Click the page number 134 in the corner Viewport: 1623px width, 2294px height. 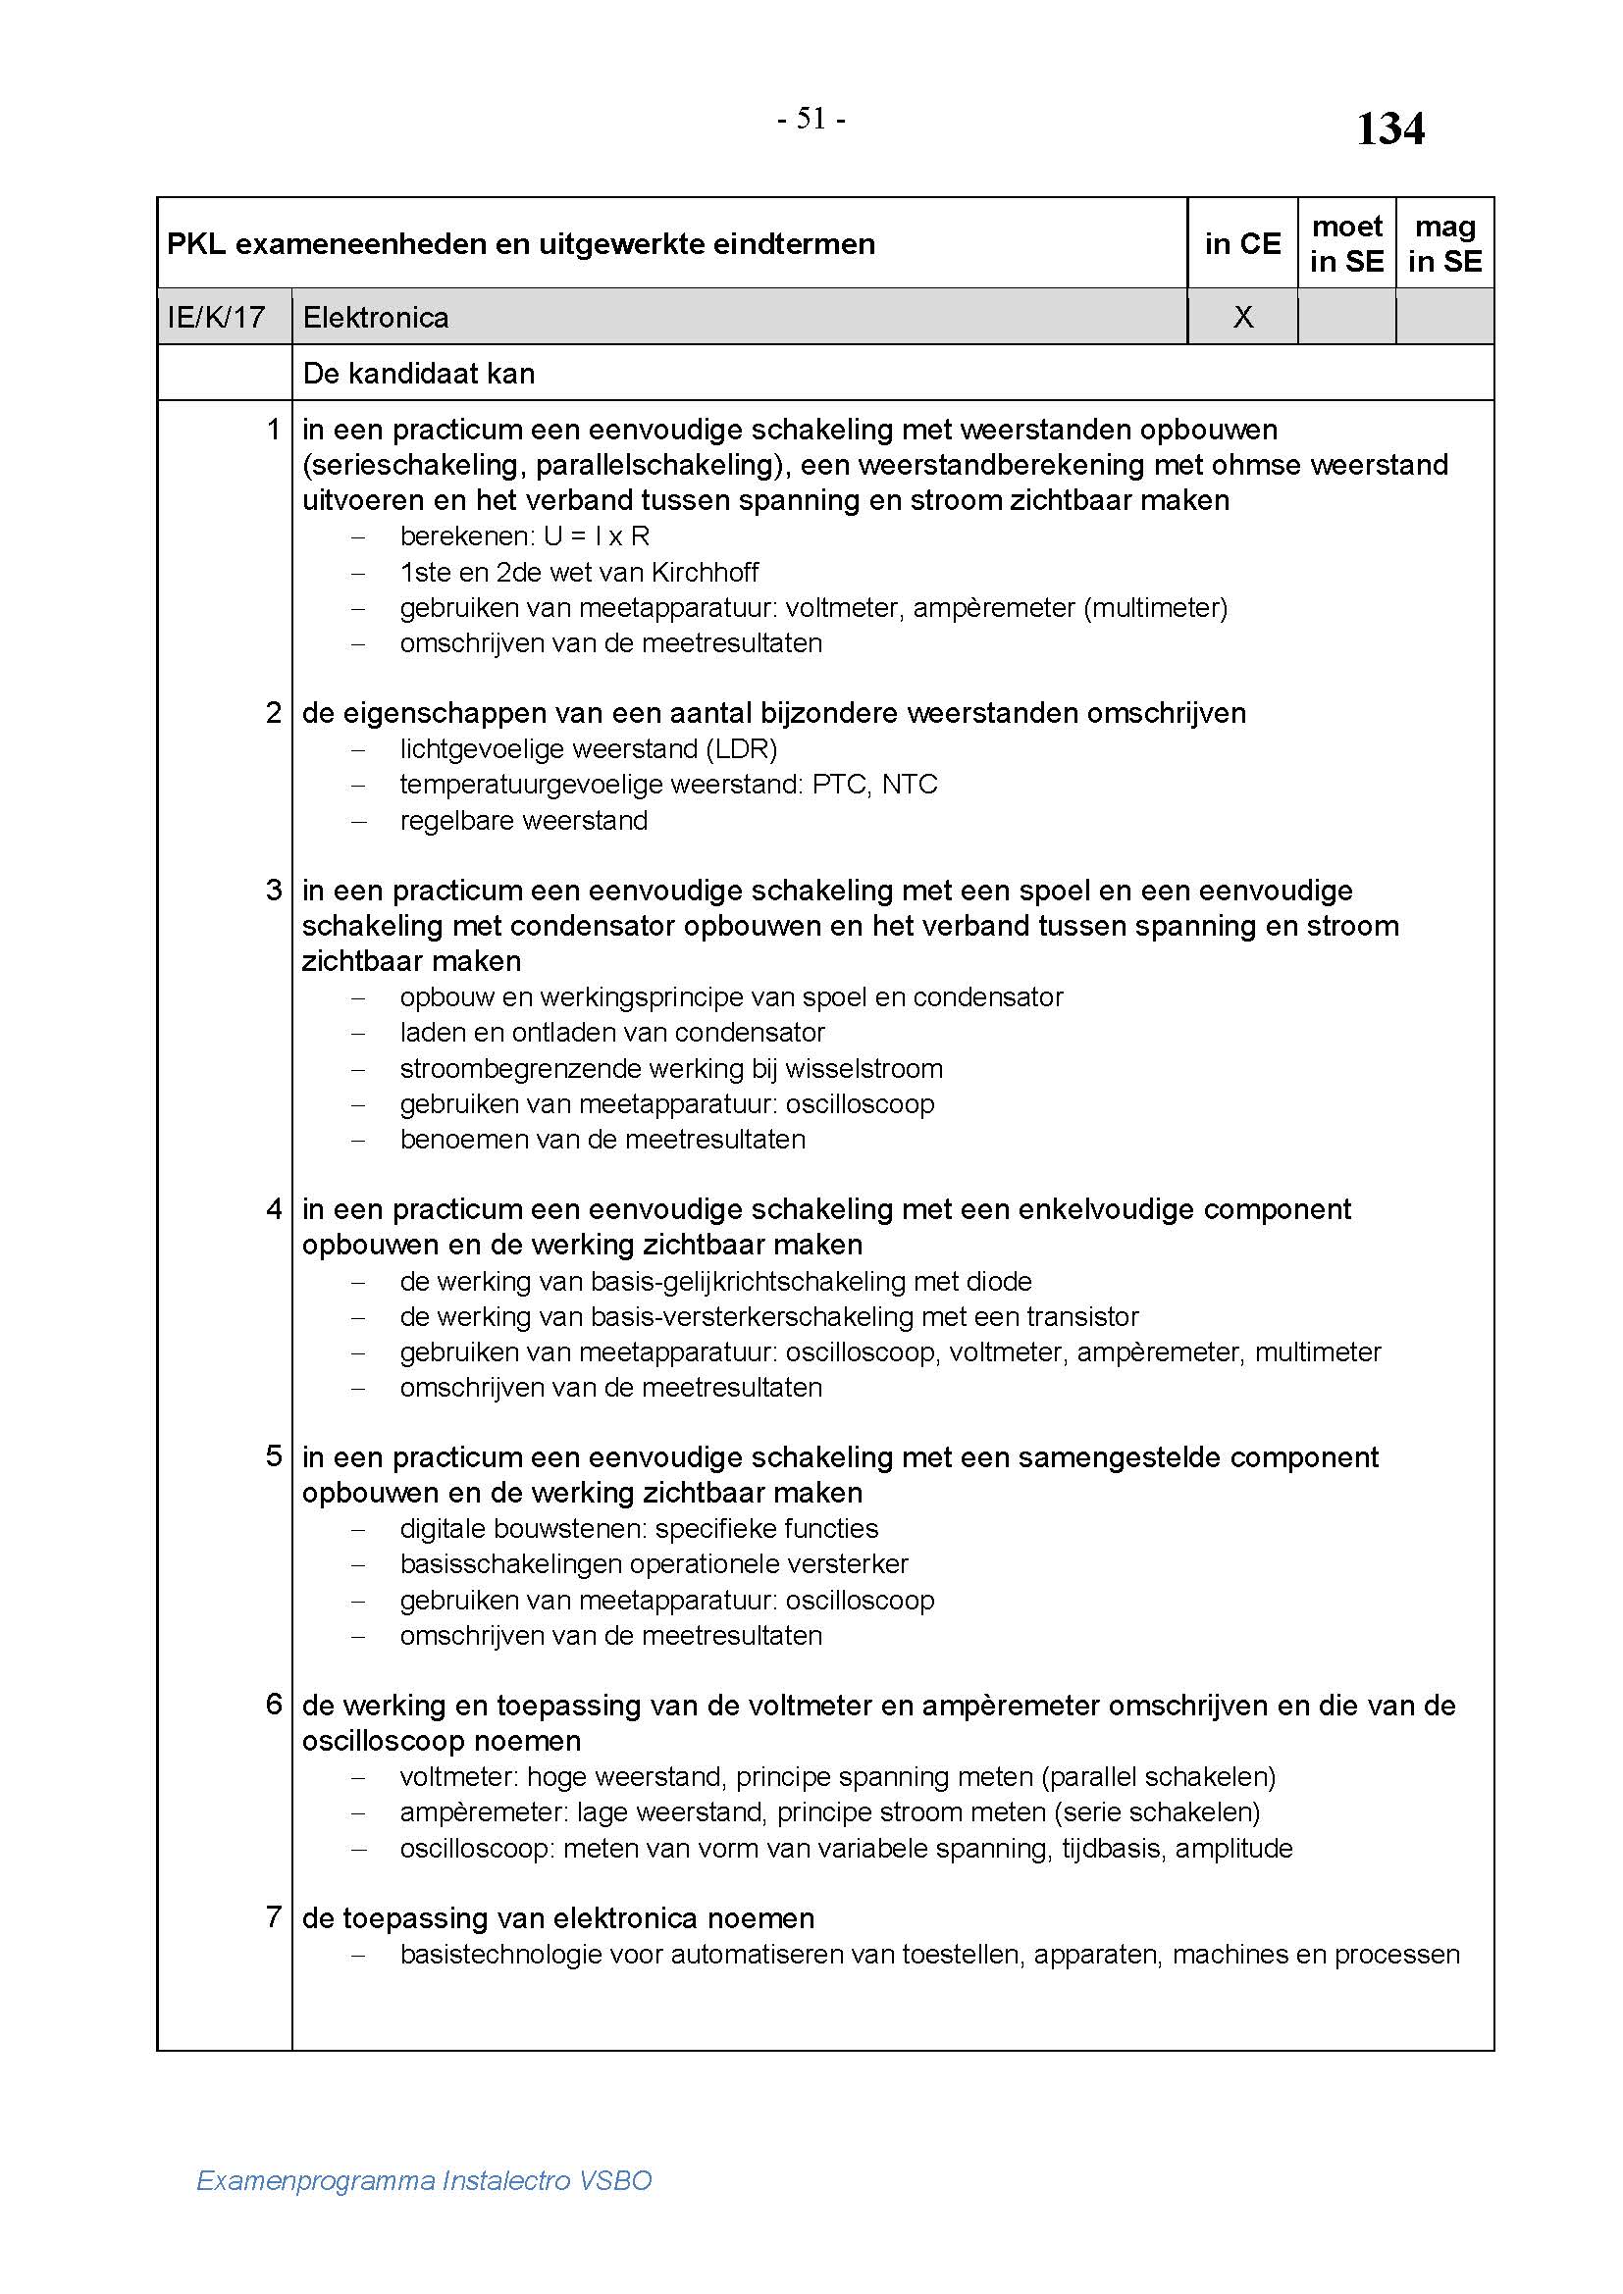[x=1389, y=128]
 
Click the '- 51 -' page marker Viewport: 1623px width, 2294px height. [x=811, y=119]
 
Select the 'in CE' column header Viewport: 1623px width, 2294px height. [x=1242, y=243]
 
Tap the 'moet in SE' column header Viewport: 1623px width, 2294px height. [x=1346, y=243]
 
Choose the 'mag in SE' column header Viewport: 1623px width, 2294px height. [x=1444, y=243]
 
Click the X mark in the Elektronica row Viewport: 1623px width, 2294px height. [x=1242, y=317]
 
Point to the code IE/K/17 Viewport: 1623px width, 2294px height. [x=216, y=317]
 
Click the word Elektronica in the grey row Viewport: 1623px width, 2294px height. [x=376, y=317]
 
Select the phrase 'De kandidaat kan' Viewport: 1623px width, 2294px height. [x=419, y=373]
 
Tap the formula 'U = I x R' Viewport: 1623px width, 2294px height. [x=597, y=536]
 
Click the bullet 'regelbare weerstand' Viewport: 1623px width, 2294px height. [x=524, y=820]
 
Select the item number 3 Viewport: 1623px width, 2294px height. [x=274, y=890]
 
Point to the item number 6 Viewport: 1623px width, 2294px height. [x=274, y=1704]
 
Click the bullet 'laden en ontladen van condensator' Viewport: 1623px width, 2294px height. [x=611, y=1032]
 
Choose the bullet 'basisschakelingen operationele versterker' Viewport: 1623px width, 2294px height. [x=654, y=1563]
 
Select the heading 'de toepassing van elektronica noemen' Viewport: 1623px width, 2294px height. [x=557, y=1917]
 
